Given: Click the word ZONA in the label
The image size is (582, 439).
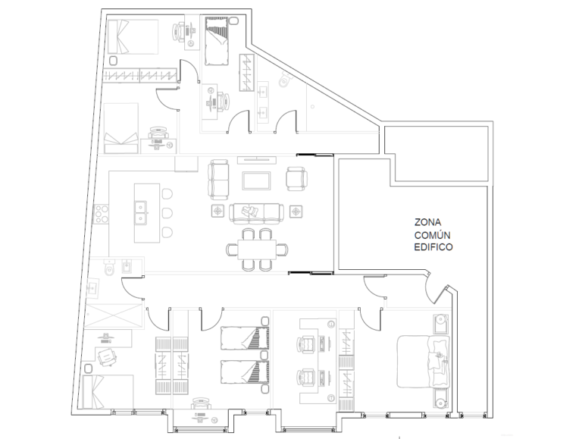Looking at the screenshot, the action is pos(427,222).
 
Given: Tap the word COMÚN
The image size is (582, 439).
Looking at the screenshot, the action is pos(433,235).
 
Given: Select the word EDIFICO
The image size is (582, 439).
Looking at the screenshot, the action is pos(433,247).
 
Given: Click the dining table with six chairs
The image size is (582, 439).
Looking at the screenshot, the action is pos(257,249).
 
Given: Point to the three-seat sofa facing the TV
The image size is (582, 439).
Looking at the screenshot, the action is pos(256,213).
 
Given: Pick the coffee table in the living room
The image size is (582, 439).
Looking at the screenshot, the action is pos(256,180).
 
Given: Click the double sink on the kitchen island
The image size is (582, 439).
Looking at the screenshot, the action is pos(141,213).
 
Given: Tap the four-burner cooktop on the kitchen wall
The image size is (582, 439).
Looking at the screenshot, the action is pos(102,215).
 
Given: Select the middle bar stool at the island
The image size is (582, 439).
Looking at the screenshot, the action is pos(167,213).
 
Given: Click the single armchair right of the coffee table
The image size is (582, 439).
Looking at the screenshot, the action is pos(296,179).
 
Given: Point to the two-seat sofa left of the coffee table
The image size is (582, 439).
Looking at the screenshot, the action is pos(218,180).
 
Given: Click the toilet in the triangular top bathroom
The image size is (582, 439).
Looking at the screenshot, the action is pos(286,79).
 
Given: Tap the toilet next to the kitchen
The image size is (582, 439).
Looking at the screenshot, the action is pos(109,268).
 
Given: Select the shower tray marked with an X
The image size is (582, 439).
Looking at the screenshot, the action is pos(113,317).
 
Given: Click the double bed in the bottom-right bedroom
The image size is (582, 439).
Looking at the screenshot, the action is pos(423,362).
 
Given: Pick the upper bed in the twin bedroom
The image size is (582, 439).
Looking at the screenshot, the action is pos(245,338).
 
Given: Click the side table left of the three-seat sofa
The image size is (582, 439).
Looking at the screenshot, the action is pos(218,212).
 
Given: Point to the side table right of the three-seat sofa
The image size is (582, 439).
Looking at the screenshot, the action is pos(296,212).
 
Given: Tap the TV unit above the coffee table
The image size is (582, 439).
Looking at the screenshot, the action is pos(257,160).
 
